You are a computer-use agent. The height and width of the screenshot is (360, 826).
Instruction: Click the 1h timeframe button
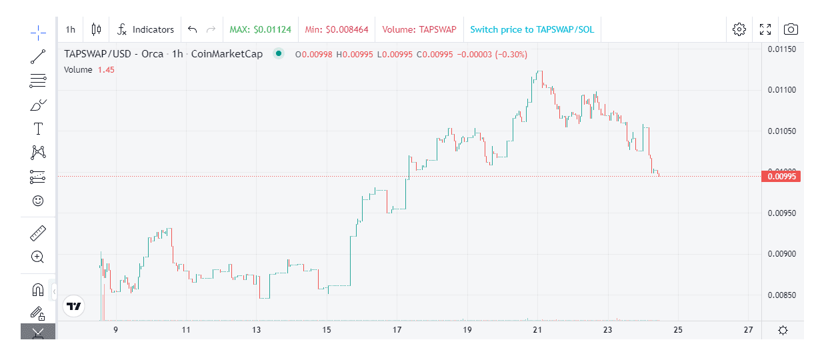tap(71, 29)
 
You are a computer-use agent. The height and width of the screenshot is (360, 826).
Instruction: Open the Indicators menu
tap(145, 29)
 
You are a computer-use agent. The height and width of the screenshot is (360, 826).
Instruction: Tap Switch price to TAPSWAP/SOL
tap(531, 29)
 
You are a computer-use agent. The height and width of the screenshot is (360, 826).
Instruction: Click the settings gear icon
tap(739, 29)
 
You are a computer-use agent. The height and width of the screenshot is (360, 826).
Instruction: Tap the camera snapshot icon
tap(791, 29)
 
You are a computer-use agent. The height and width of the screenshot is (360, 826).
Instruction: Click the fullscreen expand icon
tap(765, 29)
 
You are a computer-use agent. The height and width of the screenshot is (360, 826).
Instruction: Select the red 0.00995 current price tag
tap(780, 177)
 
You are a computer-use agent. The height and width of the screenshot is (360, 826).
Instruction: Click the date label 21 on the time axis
tap(537, 330)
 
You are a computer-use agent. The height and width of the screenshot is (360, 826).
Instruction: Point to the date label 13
tap(257, 330)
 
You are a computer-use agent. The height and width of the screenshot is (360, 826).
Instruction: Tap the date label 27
tap(748, 330)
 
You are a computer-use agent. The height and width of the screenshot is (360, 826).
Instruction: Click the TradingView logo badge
tap(74, 306)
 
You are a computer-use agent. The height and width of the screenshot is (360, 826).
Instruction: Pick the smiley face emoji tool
tap(38, 201)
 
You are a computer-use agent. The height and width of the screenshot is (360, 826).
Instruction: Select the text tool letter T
tap(38, 129)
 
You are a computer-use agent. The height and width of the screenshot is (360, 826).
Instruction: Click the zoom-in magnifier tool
tap(38, 257)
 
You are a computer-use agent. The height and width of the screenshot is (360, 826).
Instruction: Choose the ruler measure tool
tap(38, 233)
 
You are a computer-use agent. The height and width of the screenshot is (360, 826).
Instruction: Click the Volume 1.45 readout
tap(89, 69)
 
